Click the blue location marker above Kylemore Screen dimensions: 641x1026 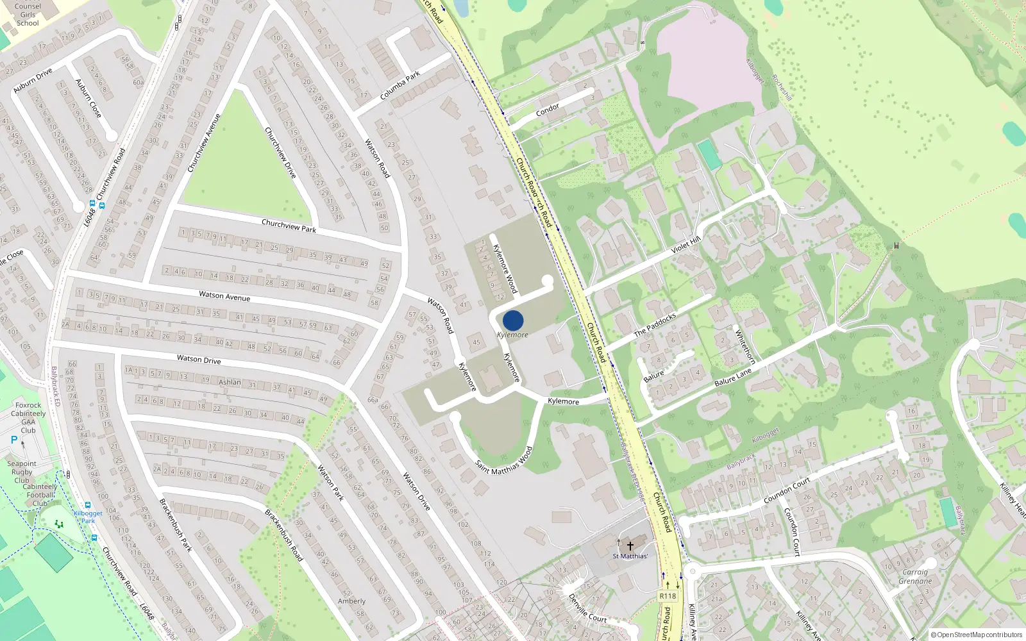(513, 320)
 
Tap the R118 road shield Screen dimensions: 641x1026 (668, 596)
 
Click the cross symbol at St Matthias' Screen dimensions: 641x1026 (630, 546)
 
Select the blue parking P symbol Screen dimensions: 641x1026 (14, 440)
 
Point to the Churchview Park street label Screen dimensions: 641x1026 (289, 226)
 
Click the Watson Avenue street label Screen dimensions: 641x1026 (224, 296)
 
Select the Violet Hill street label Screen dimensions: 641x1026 (685, 244)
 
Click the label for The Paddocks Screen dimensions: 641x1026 (655, 324)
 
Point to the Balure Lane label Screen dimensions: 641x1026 (733, 377)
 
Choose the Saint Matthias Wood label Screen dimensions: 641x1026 (504, 461)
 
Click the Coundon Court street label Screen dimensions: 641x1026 (787, 490)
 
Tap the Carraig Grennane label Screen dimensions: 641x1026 (915, 577)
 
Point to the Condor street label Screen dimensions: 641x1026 (548, 110)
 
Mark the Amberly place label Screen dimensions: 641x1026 (351, 601)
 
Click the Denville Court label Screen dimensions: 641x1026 (587, 608)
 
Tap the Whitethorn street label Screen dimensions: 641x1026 (745, 347)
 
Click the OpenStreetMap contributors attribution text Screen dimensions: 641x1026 (977, 635)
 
